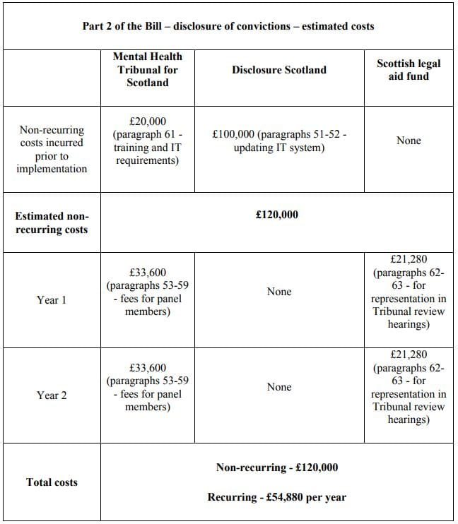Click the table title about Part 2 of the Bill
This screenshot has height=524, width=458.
tap(228, 26)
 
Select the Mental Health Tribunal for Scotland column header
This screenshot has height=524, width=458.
tap(147, 69)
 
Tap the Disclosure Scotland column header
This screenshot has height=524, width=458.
tap(279, 69)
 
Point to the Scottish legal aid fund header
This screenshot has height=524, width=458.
tap(409, 69)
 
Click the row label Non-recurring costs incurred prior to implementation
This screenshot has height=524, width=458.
tap(52, 149)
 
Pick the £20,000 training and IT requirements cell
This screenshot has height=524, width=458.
tap(148, 141)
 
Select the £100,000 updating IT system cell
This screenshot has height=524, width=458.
tap(278, 141)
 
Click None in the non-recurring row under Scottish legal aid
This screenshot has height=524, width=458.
tap(409, 141)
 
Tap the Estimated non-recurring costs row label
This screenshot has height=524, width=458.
tap(52, 222)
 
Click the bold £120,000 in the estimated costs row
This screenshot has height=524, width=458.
tap(277, 214)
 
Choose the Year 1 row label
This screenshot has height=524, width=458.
tap(52, 300)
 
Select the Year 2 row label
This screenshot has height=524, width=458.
tap(52, 395)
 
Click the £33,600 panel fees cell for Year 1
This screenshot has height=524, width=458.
tap(148, 292)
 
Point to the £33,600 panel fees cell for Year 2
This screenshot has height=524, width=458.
tap(148, 387)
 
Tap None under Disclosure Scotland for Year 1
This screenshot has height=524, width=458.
tap(279, 292)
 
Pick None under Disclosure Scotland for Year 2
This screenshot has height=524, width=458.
tap(279, 387)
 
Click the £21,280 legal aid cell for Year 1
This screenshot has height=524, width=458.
tap(409, 292)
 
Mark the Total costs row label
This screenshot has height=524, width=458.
tap(52, 482)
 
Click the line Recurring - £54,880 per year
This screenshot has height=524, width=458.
tap(277, 497)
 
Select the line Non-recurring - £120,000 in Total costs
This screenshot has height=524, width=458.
tap(277, 468)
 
